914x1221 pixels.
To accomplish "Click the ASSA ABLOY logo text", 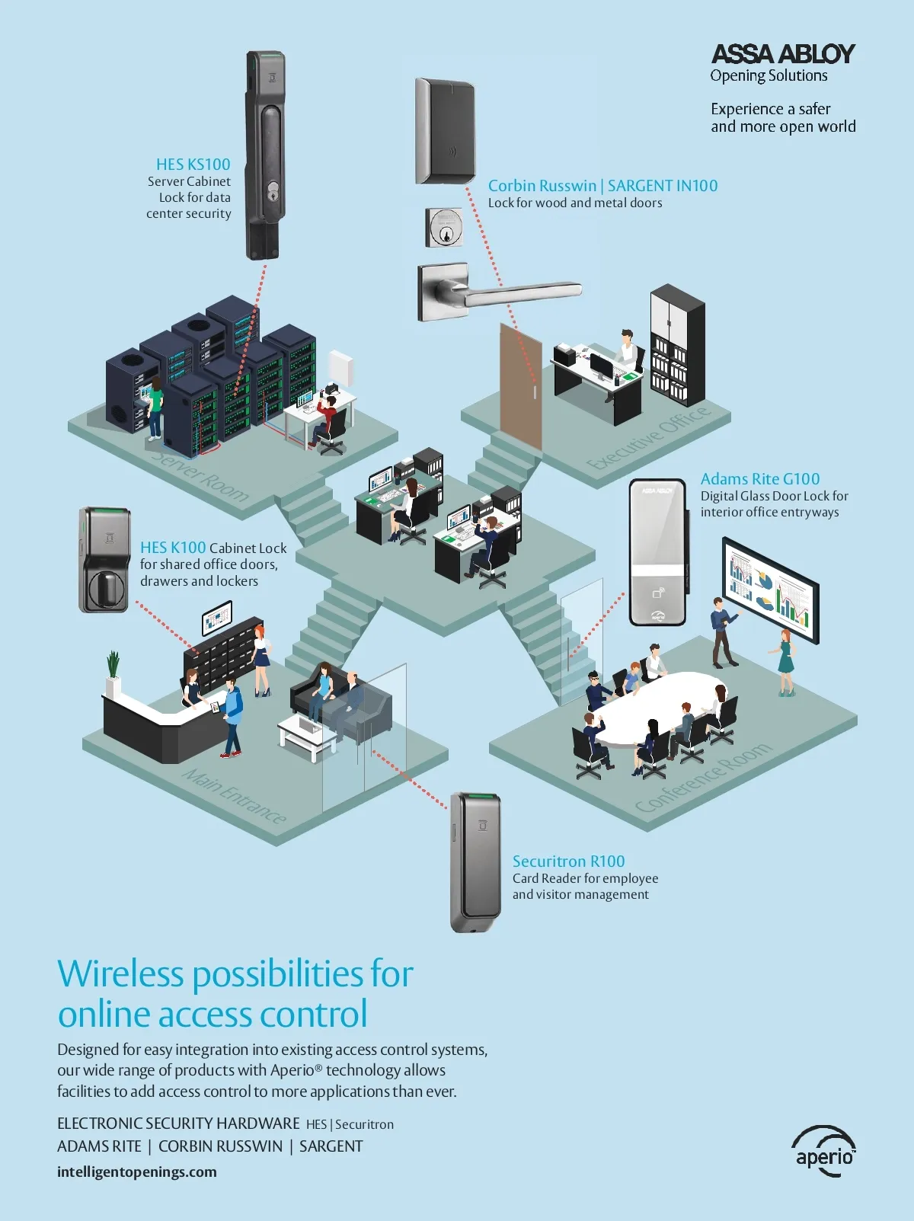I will click(782, 54).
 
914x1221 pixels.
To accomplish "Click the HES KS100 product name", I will click(193, 165).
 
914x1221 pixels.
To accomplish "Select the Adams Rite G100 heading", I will click(759, 479).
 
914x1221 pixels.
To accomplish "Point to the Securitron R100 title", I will click(568, 861).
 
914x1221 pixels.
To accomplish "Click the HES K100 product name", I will click(173, 548).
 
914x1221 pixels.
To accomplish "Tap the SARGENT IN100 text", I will click(663, 186).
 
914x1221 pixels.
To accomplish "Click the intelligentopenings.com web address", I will click(137, 1172).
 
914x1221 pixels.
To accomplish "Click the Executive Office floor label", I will click(649, 439).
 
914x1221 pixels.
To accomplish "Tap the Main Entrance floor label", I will click(235, 796).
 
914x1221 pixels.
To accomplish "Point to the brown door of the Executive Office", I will click(520, 385).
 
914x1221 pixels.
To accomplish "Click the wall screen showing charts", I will click(770, 589).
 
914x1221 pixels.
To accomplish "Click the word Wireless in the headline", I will click(120, 974).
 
